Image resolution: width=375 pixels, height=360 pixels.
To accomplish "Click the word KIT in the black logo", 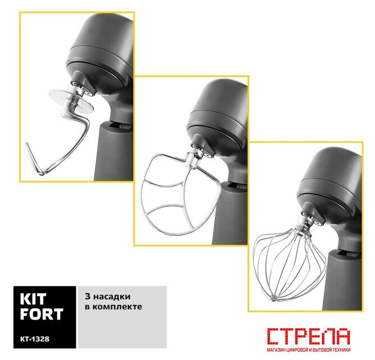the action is coord(33,299).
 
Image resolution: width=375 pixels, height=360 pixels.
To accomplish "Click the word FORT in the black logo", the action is coord(42,314).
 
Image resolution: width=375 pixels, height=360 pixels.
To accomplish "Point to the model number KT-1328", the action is coord(35,339).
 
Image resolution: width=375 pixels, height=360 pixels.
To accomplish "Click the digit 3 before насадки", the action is coord(88,296).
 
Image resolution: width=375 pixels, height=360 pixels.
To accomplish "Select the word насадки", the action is coord(112,297).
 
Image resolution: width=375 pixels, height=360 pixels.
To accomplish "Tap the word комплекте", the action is coord(117,307).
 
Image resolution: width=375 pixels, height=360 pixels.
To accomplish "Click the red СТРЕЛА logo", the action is coord(309,336).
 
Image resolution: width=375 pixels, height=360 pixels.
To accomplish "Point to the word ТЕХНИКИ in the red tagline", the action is coord(341,350).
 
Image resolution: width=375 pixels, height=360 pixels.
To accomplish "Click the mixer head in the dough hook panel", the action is coord(101,53).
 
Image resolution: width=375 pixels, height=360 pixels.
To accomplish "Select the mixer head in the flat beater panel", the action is coord(218,117).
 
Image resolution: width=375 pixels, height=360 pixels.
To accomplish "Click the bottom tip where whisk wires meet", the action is coord(273,299).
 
